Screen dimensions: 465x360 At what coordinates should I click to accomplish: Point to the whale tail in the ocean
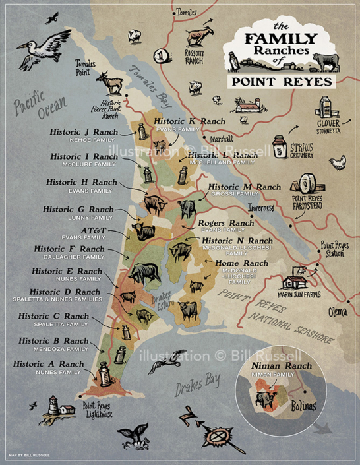(x=129, y=435)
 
